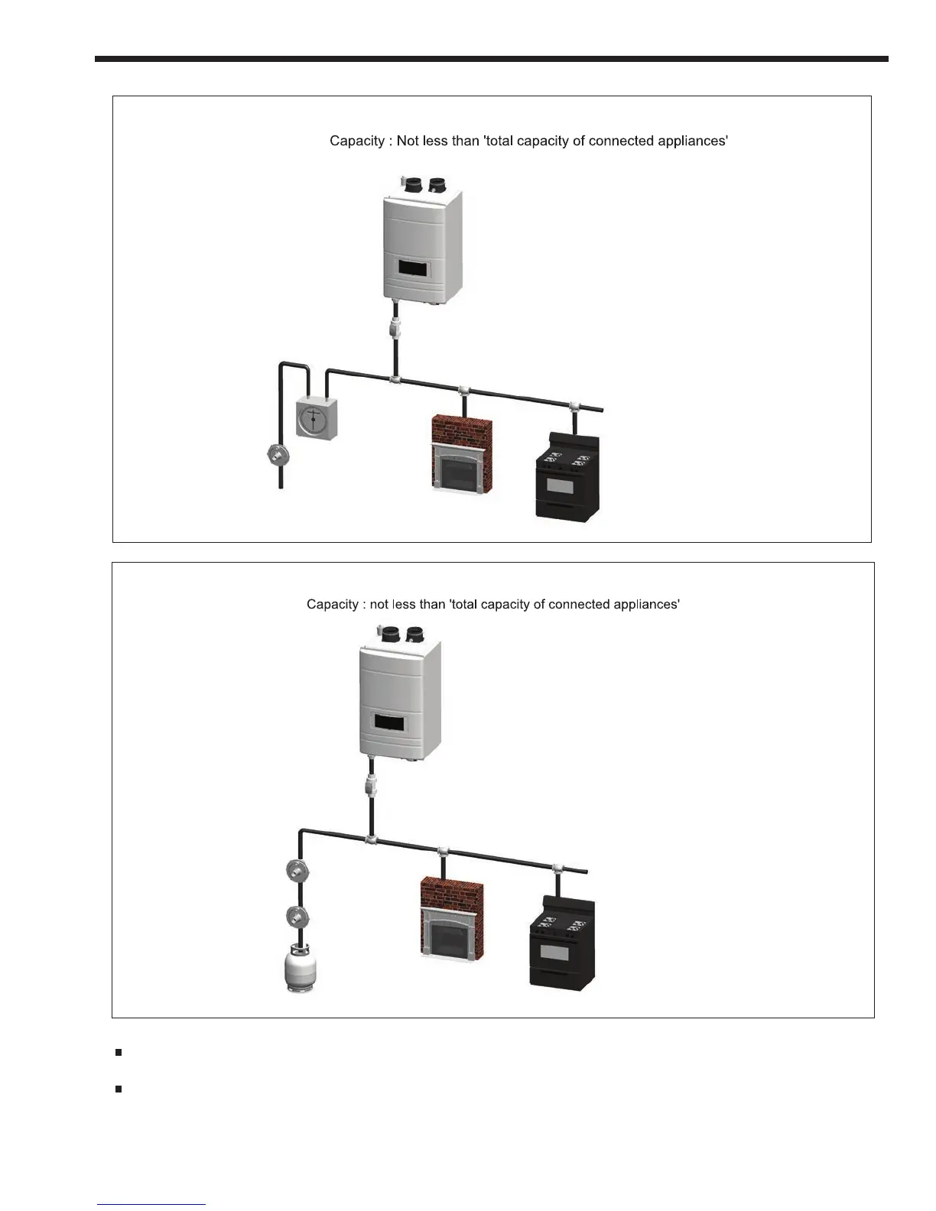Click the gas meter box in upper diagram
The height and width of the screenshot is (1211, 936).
point(316,419)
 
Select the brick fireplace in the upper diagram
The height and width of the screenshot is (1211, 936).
point(461,456)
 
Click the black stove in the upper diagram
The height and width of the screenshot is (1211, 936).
point(567,477)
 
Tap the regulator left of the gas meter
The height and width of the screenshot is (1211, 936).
point(276,457)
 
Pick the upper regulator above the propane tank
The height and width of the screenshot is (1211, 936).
point(297,872)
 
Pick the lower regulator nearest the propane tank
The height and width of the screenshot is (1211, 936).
point(297,916)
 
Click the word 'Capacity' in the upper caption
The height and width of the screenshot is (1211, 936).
point(356,141)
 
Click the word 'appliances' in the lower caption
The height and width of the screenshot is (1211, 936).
point(647,605)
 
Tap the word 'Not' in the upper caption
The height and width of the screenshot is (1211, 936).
point(407,141)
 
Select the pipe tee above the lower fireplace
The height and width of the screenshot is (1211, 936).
point(442,852)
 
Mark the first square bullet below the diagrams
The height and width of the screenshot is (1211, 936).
point(119,1053)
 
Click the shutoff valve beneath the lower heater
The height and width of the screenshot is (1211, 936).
point(372,785)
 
